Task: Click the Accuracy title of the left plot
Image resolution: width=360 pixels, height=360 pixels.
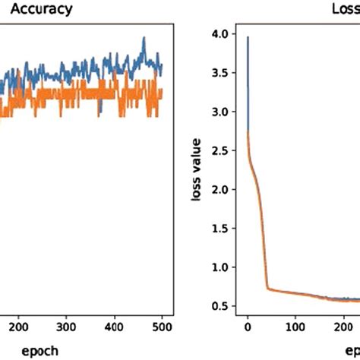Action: (x=41, y=10)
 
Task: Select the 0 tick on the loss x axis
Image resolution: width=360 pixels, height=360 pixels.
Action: (x=248, y=321)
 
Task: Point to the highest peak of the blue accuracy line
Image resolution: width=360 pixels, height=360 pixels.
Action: (x=143, y=37)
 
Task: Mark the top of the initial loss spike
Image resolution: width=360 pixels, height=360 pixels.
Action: (x=248, y=36)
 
